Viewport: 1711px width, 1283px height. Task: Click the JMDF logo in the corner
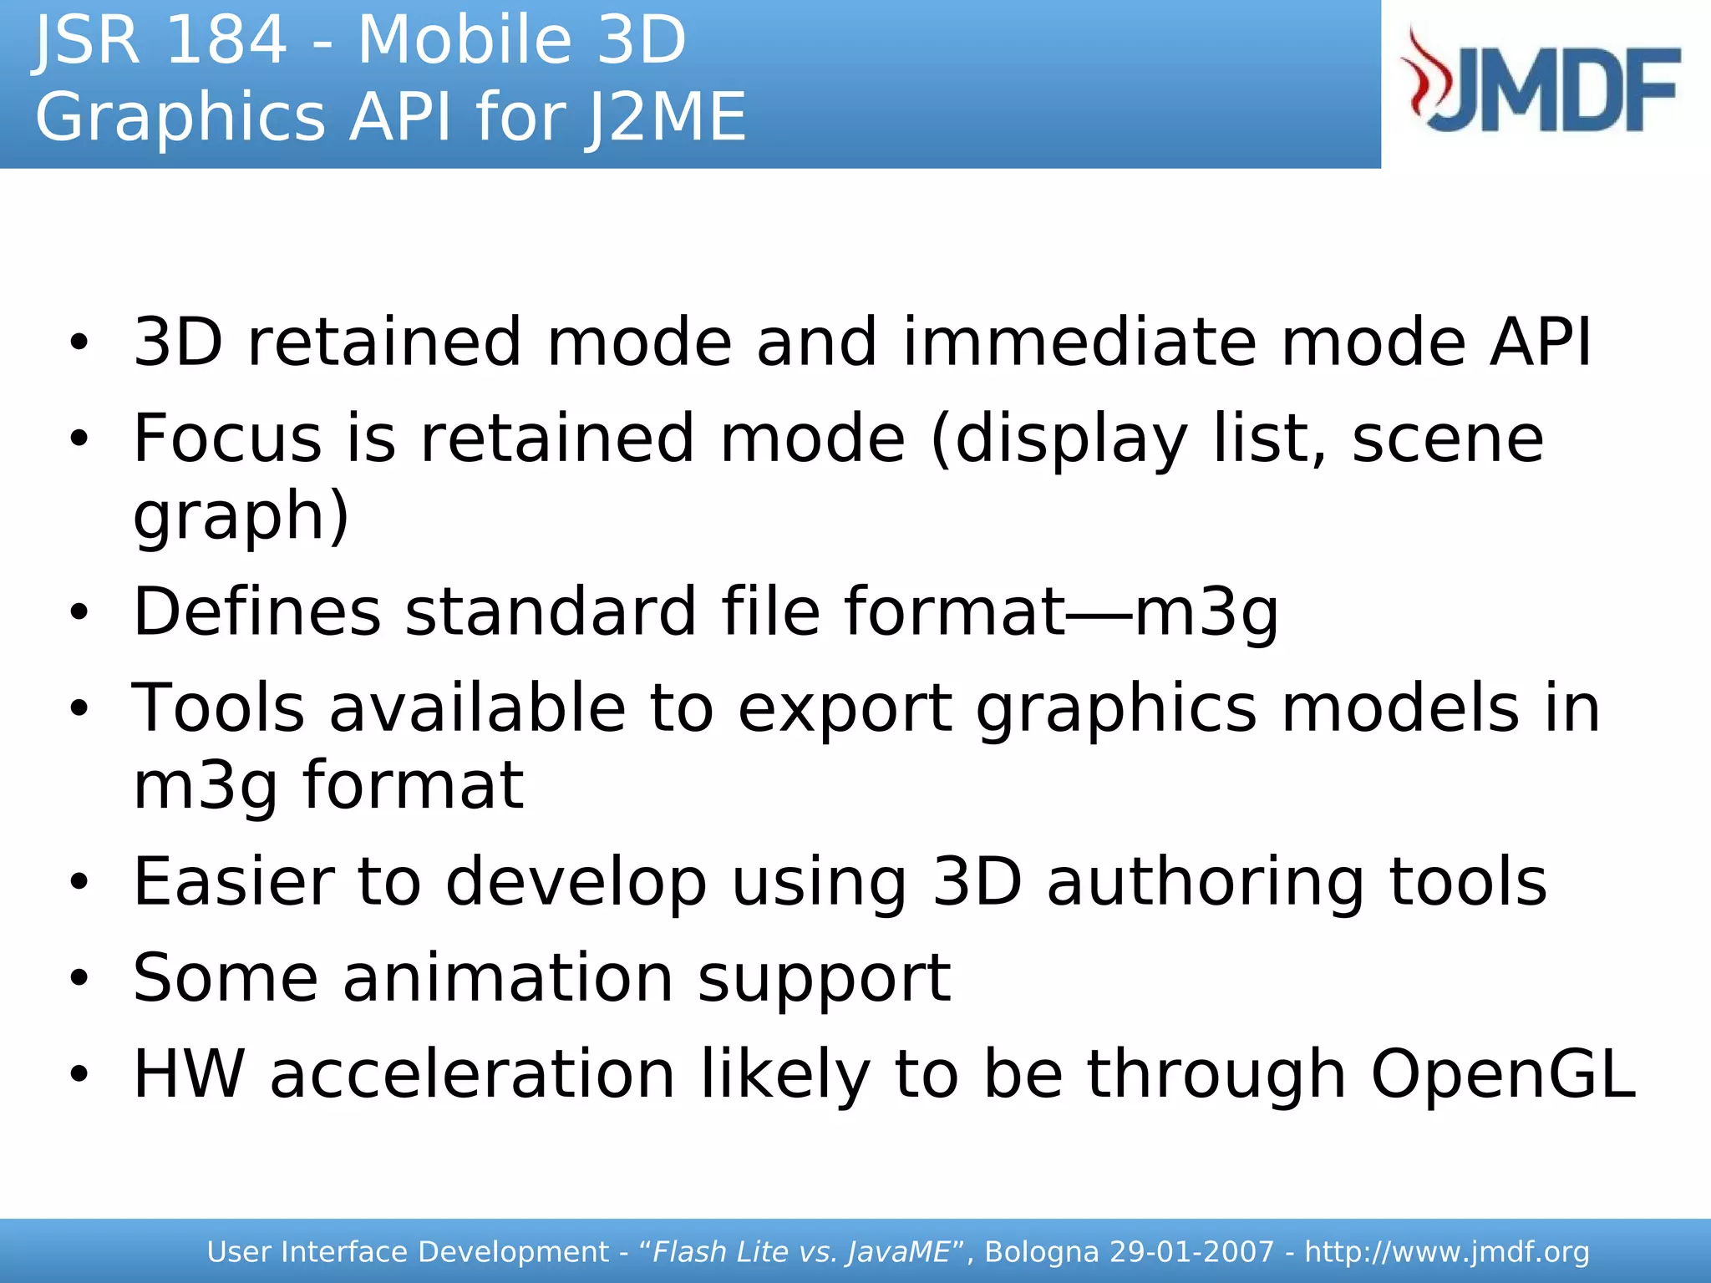tap(1541, 81)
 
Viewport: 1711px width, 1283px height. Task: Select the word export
tap(845, 708)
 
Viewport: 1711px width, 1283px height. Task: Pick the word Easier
tap(234, 881)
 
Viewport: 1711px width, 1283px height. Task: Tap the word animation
tap(508, 977)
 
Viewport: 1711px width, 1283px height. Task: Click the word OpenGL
tap(1502, 1074)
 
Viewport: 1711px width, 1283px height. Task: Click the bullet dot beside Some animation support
tap(79, 977)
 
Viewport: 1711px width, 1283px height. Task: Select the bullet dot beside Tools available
tap(79, 708)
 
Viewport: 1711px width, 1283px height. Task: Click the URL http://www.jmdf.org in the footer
tap(1446, 1252)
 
